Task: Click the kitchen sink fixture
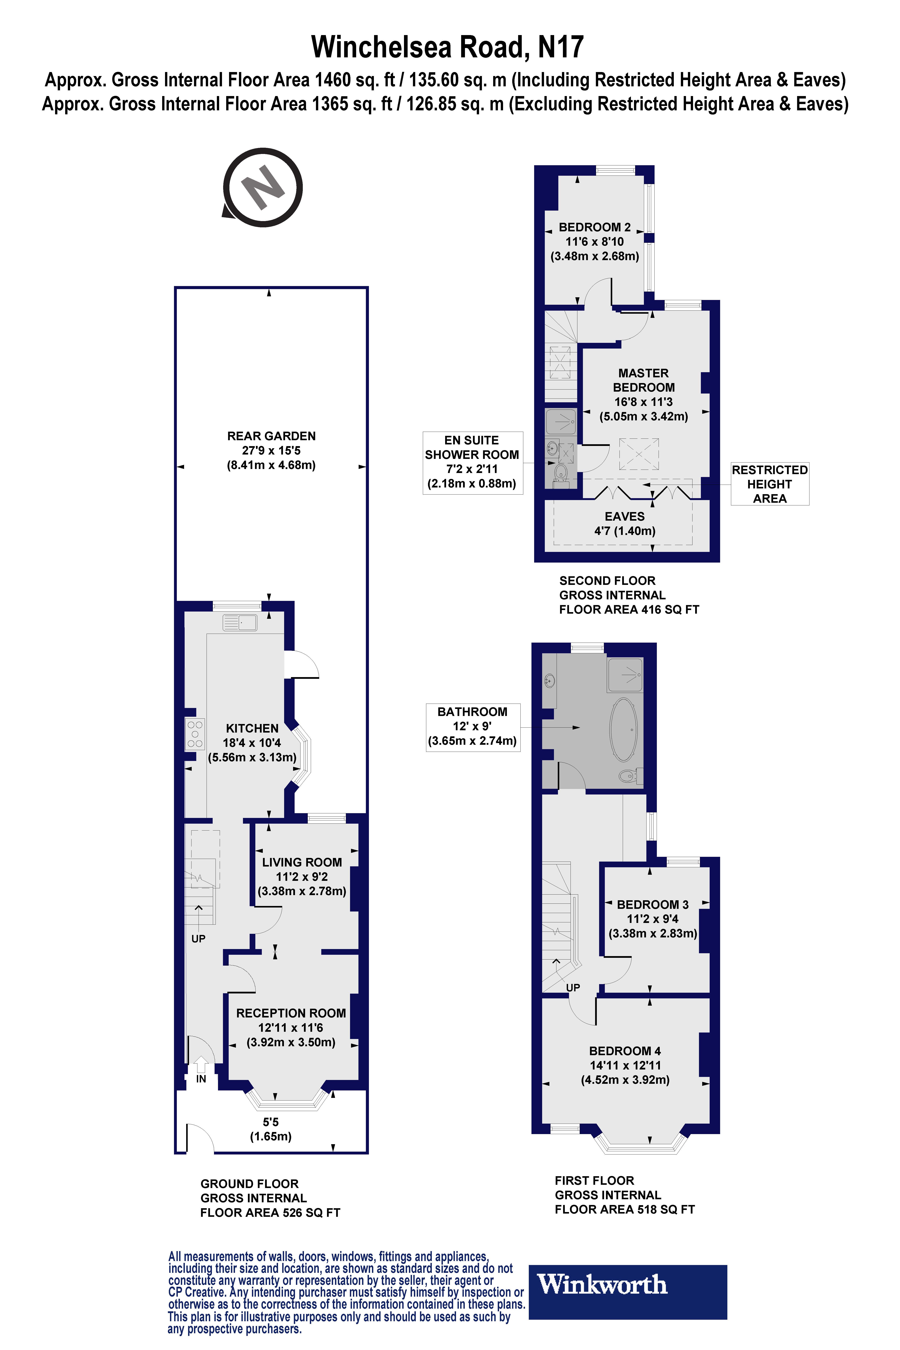[240, 622]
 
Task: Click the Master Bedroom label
[644, 380]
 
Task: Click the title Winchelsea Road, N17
[448, 47]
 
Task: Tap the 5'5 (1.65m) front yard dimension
[270, 1129]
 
